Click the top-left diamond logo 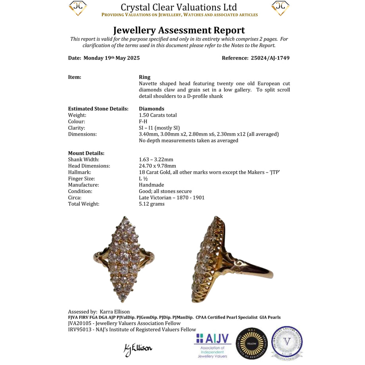pyautogui.click(x=78, y=8)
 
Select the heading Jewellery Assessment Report pyautogui.click(x=179, y=30)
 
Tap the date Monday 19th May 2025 pyautogui.click(x=111, y=58)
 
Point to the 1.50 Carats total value pyautogui.click(x=158, y=115)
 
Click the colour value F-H pyautogui.click(x=143, y=121)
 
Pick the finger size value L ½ pyautogui.click(x=144, y=179)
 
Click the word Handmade pyautogui.click(x=151, y=185)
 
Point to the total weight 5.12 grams pyautogui.click(x=152, y=204)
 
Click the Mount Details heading pyautogui.click(x=86, y=153)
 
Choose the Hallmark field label pyautogui.click(x=79, y=172)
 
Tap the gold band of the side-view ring pyautogui.click(x=254, y=270)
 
